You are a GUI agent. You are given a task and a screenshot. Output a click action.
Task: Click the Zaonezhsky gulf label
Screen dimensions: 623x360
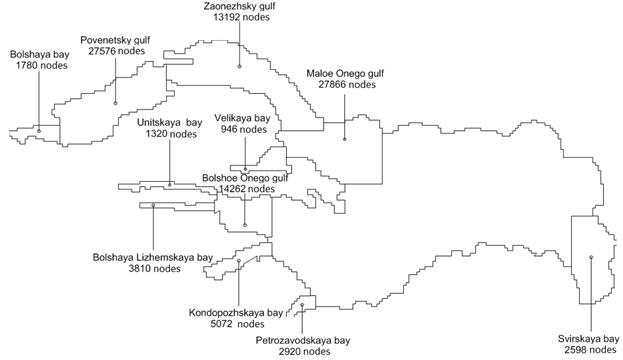[239, 6]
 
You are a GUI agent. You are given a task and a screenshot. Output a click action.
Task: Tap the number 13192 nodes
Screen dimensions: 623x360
[241, 17]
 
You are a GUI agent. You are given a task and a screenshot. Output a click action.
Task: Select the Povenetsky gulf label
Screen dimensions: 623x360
[115, 40]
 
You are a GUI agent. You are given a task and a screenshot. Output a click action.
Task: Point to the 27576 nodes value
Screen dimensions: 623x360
[117, 51]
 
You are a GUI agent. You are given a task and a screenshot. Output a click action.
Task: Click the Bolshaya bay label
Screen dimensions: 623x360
[40, 54]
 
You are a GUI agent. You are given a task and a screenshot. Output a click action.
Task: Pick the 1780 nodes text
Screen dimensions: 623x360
[42, 65]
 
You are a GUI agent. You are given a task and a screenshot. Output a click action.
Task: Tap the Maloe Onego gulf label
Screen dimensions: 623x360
[345, 74]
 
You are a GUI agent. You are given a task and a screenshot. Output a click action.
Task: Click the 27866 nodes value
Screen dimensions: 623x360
[347, 85]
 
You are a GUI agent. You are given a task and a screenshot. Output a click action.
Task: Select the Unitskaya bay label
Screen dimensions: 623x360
[170, 123]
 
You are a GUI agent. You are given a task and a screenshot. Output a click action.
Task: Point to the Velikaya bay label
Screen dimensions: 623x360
[242, 118]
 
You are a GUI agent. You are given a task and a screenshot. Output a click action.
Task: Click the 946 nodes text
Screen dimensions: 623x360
[244, 129]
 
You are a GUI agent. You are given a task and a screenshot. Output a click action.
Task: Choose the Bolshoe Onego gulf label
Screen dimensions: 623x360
[245, 178]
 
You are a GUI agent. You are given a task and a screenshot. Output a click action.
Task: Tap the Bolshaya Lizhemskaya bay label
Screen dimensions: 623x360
[153, 257]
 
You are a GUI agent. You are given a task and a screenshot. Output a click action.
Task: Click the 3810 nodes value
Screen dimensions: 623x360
[155, 269]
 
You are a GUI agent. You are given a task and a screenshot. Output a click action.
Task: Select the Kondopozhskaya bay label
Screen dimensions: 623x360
[236, 313]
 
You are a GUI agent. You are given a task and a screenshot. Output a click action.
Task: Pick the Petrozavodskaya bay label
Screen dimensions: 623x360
[303, 341]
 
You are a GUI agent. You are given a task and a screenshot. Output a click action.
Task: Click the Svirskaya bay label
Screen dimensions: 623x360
[589, 339]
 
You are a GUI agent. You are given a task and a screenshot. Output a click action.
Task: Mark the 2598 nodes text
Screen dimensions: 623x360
[590, 350]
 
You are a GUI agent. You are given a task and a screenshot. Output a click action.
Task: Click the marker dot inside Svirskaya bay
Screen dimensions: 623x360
[591, 257]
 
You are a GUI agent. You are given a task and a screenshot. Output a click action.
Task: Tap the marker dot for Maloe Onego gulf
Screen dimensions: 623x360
[344, 139]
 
